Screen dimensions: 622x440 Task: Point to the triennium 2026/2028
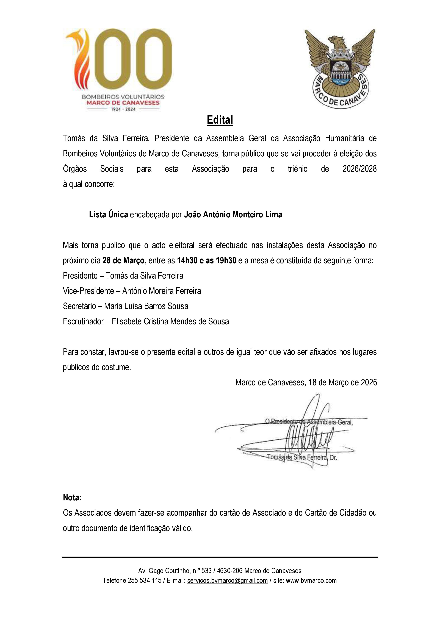click(359, 169)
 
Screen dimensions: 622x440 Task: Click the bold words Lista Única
click(108, 215)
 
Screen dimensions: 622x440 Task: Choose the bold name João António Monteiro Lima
click(233, 215)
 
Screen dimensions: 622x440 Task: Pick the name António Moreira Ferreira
click(162, 291)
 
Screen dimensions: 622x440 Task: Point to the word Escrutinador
click(83, 322)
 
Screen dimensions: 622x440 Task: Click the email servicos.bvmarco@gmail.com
click(227, 581)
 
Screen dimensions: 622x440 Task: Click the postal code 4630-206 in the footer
click(230, 571)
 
